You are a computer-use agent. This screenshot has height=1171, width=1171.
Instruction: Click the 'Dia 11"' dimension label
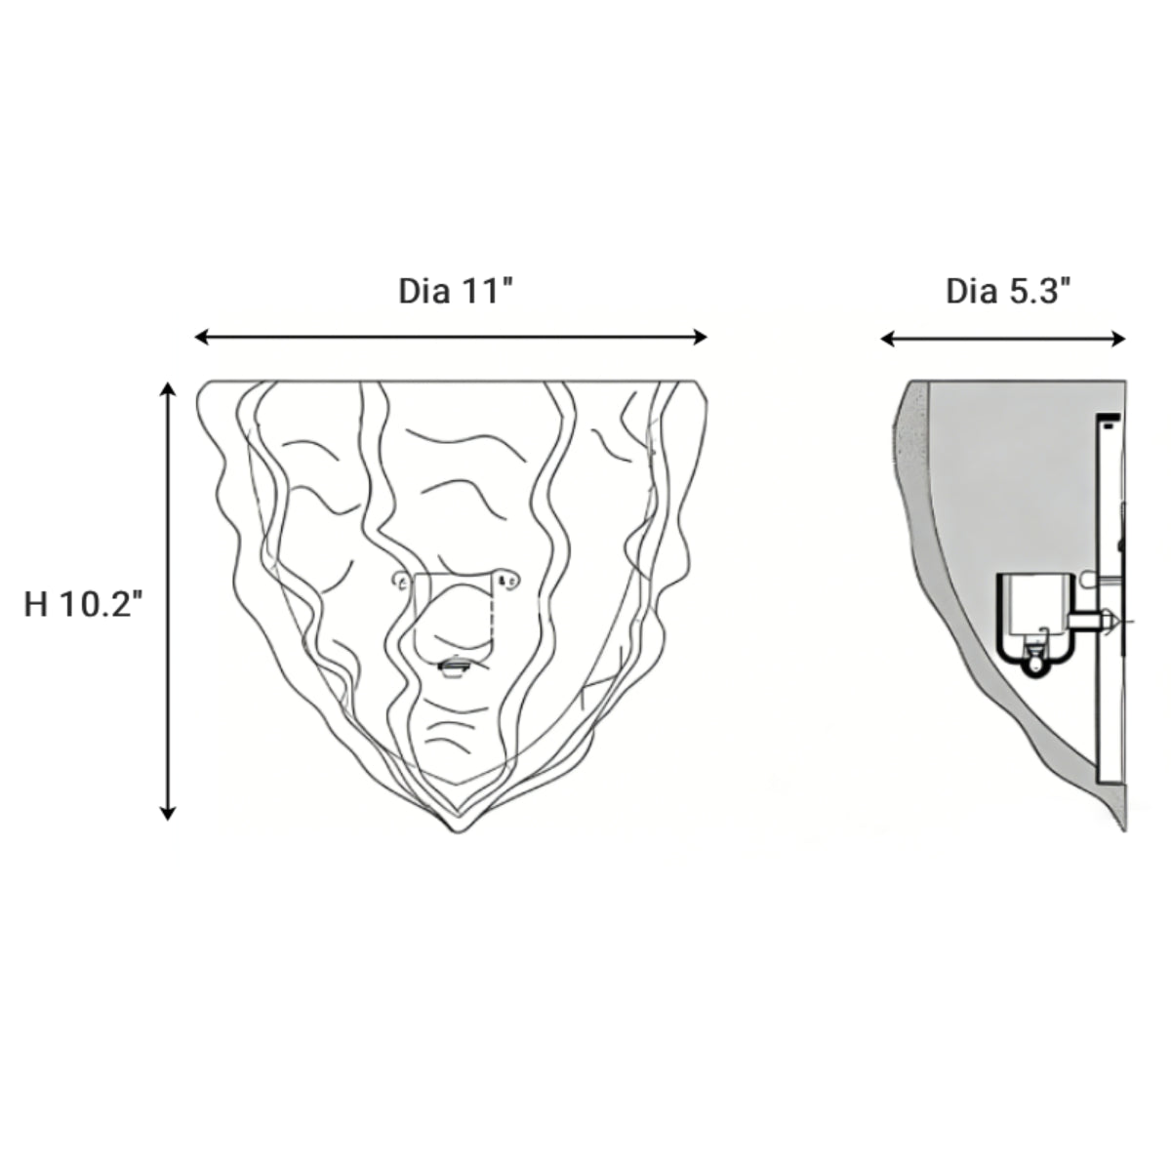point(456,291)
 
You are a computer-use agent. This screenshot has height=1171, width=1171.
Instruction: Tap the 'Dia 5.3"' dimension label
point(1009,291)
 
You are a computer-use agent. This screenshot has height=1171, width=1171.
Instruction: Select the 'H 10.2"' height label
point(84,604)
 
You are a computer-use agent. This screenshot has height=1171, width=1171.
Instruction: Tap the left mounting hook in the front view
point(400,582)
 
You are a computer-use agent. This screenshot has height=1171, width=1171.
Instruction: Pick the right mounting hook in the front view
point(509,582)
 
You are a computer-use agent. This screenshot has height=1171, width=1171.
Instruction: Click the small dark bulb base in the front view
point(454,666)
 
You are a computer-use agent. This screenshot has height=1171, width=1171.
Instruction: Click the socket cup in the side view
point(1030,610)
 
